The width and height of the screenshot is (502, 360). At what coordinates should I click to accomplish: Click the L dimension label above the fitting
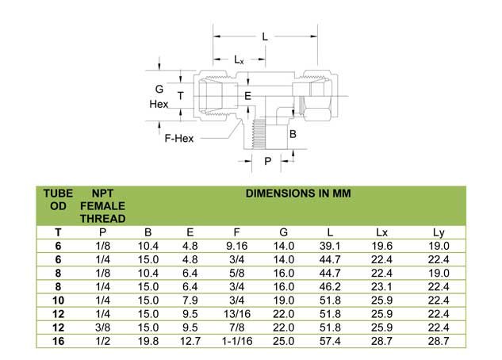265,36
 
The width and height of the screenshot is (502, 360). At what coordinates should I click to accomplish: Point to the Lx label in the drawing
239,59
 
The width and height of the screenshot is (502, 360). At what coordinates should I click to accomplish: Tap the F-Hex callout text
179,139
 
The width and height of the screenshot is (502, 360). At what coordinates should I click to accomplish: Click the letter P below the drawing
267,161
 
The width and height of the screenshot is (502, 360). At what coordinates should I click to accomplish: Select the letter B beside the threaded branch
293,134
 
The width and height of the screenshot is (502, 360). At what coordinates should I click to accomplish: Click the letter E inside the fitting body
247,96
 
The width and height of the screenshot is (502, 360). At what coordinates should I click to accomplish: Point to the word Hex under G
159,104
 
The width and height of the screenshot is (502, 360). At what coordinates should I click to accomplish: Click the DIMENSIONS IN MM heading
298,193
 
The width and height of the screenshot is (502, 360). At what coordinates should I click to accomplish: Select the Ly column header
439,232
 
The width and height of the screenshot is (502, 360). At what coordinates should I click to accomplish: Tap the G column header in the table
283,232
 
